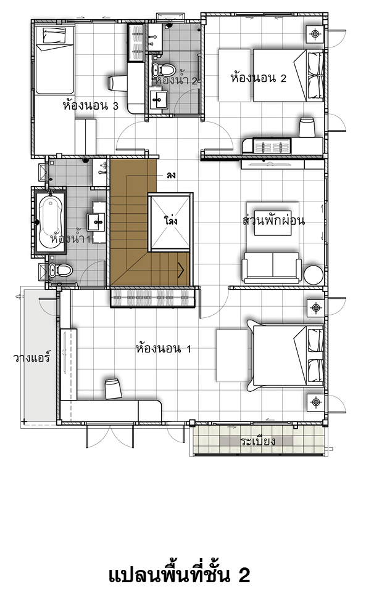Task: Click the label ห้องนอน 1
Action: coord(163,348)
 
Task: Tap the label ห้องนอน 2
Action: coord(258,78)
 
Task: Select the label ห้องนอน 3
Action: coord(90,105)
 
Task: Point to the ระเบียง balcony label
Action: coord(258,441)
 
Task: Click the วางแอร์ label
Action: coord(31,357)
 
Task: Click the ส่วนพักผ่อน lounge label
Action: coord(273,220)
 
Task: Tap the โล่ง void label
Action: coord(170,220)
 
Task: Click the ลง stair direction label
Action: coord(170,176)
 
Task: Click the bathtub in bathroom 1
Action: coord(51,221)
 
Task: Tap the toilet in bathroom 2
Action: coord(163,69)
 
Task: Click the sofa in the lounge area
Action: coord(272,267)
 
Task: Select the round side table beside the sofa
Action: coord(314,274)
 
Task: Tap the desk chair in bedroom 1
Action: coord(113,388)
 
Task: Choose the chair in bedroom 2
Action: coord(307,128)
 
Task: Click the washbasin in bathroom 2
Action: coord(158,98)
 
